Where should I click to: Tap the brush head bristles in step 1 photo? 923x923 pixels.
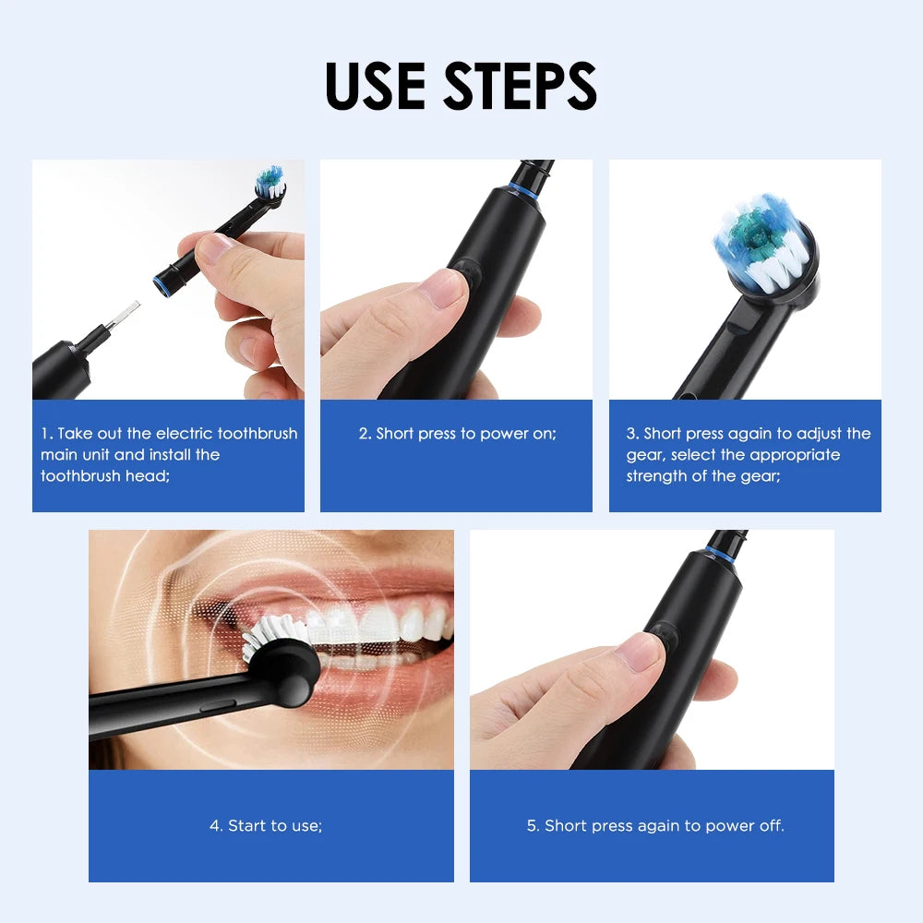point(269,182)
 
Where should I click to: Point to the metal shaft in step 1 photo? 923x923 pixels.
point(126,316)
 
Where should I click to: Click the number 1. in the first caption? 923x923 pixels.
point(46,434)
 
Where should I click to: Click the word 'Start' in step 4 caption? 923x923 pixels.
point(246,826)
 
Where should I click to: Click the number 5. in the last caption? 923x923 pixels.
point(533,826)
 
